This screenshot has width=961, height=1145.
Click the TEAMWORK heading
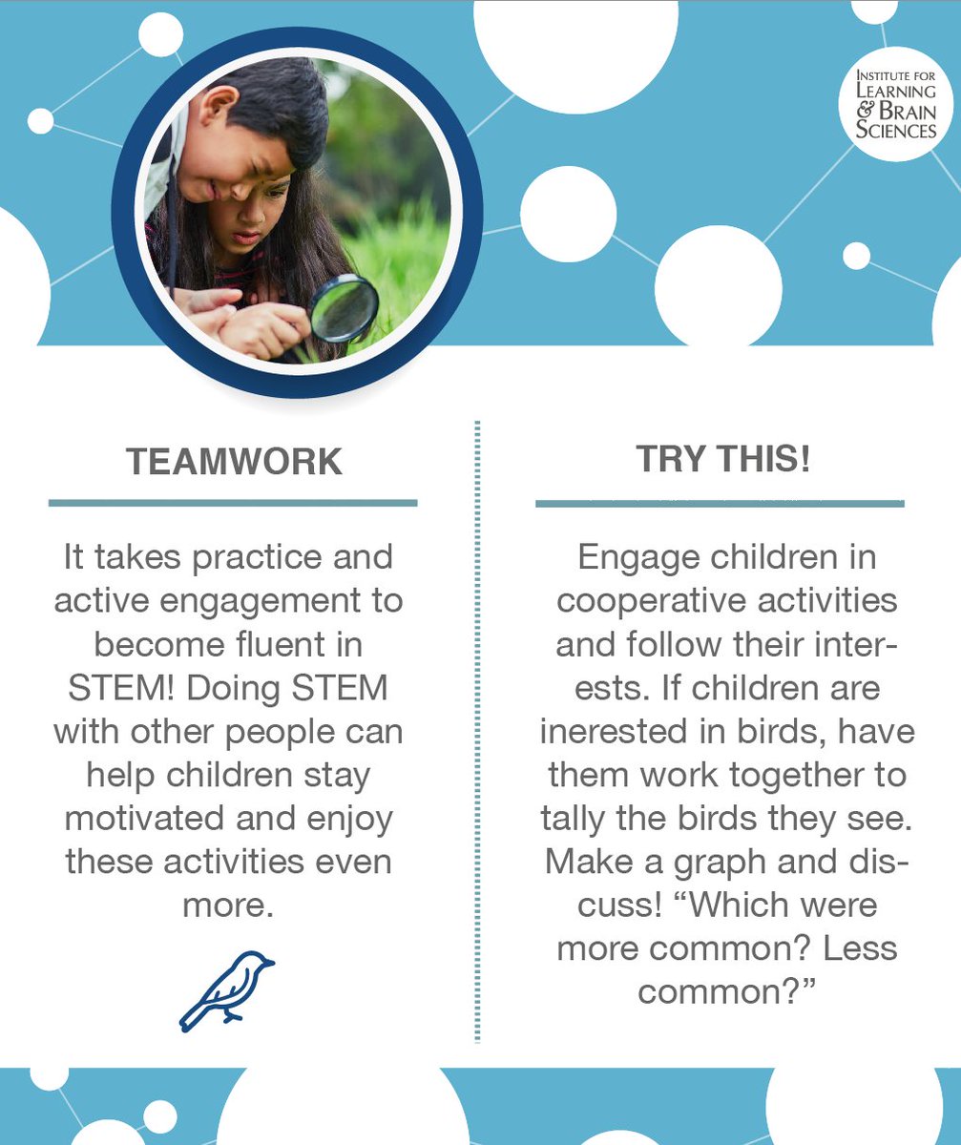point(234,462)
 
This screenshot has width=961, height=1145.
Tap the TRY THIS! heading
point(722,459)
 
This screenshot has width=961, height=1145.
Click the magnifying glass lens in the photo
point(344,308)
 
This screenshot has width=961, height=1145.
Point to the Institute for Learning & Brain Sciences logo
point(895,104)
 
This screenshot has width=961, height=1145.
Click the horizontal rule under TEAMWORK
point(233,503)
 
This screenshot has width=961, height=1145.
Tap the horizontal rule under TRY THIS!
point(720,503)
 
